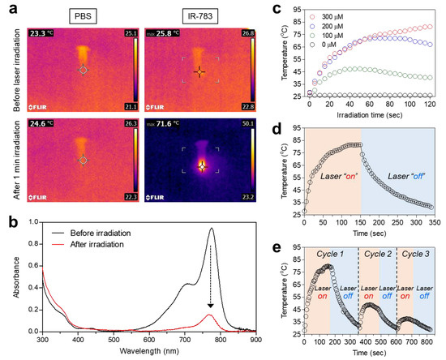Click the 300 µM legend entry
(324, 14)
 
